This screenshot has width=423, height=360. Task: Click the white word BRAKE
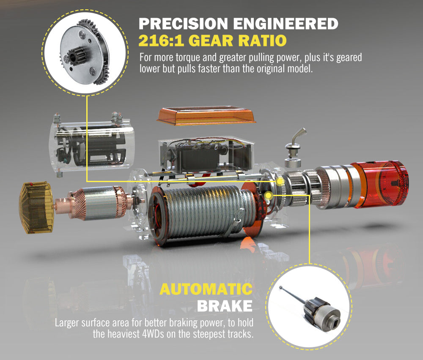[x=225, y=305]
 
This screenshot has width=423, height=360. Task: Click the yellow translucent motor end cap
[x=36, y=207]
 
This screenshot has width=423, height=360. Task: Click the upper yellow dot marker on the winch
[x=280, y=182]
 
